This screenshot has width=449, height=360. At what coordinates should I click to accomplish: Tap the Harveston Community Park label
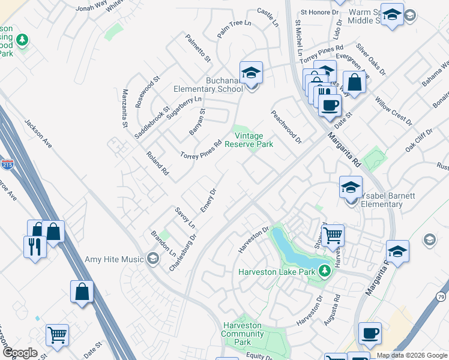[x=243, y=334]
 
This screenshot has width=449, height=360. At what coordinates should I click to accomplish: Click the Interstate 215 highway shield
[x=8, y=164]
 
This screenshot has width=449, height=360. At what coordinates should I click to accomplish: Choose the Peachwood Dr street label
[x=286, y=127]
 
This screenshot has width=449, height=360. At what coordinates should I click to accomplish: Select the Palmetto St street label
[x=198, y=49]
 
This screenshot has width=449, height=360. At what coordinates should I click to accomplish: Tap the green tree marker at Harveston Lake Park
[x=325, y=271]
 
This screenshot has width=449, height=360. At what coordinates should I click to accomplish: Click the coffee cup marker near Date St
[x=329, y=106]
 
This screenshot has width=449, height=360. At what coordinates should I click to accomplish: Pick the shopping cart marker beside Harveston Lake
[x=332, y=235]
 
